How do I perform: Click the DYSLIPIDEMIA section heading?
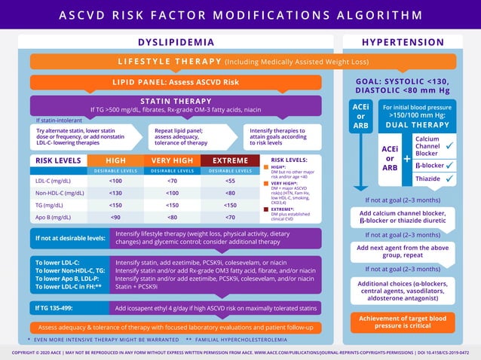(176, 42)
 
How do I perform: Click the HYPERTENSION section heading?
(403, 42)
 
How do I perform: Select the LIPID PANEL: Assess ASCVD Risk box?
(176, 81)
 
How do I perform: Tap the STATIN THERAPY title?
(176, 101)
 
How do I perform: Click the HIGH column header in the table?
(115, 160)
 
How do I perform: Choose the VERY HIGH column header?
(173, 160)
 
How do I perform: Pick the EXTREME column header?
(230, 160)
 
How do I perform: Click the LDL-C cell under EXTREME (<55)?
(230, 181)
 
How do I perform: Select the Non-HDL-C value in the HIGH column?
(115, 193)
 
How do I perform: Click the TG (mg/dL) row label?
(50, 205)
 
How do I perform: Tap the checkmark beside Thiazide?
(450, 178)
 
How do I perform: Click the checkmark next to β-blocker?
(450, 163)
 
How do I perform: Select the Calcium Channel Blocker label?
(427, 146)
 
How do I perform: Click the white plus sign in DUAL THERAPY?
(407, 159)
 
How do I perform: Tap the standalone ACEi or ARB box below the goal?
(360, 116)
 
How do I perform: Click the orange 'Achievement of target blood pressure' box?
(403, 322)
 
